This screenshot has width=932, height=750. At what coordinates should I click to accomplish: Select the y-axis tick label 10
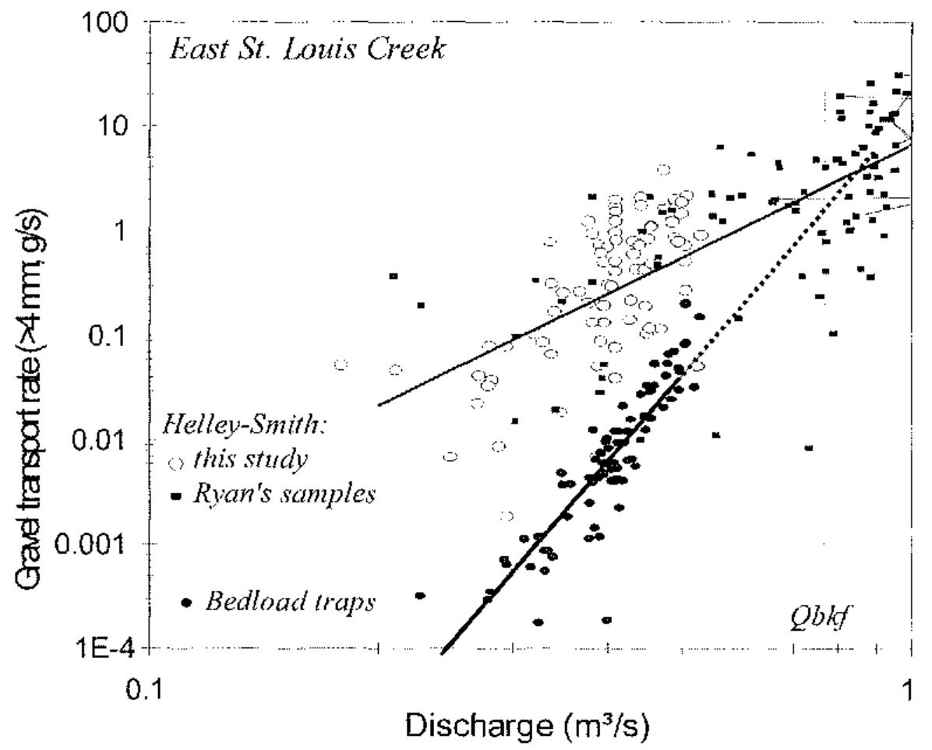(116, 126)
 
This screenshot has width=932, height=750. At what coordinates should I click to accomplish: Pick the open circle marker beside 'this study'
(177, 463)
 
